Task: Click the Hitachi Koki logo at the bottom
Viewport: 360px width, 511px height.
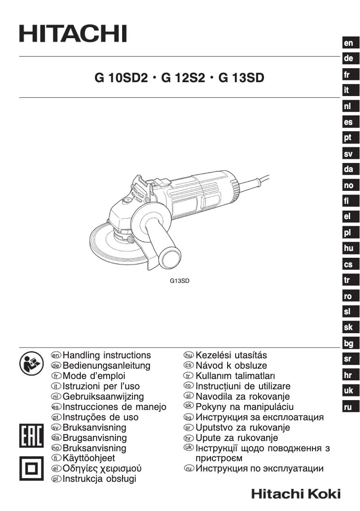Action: [296, 494]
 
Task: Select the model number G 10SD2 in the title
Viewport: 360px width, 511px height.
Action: [121, 78]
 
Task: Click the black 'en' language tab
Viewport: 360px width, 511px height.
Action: [349, 43]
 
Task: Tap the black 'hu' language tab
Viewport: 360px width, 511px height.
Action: [348, 248]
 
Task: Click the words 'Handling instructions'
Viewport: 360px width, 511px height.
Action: [107, 355]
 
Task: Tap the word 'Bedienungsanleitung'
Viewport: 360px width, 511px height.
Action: [106, 366]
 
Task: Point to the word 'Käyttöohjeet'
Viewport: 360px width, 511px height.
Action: [88, 458]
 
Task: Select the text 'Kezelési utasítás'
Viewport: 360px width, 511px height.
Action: [231, 355]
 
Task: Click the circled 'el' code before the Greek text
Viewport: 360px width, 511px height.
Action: [56, 469]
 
